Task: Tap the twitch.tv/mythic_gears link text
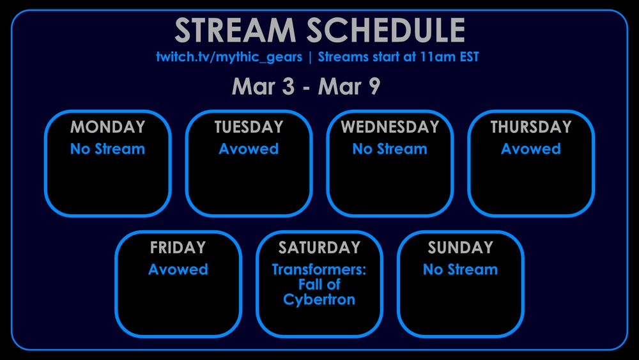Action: click(x=229, y=57)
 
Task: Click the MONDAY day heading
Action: click(x=107, y=127)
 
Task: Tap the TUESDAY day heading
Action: click(x=249, y=127)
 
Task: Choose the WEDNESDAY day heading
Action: click(x=389, y=127)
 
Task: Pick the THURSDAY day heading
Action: click(x=530, y=127)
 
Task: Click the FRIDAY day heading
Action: click(x=178, y=247)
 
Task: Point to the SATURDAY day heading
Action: click(x=319, y=247)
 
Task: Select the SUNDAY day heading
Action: click(x=460, y=247)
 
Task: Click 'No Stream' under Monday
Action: click(x=107, y=149)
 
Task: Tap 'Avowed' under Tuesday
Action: click(x=249, y=149)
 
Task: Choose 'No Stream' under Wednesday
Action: click(x=389, y=149)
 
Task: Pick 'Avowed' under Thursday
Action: click(x=530, y=149)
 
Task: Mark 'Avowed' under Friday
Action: click(x=178, y=269)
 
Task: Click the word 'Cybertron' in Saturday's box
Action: click(x=319, y=299)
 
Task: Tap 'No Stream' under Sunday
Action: click(x=460, y=269)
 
